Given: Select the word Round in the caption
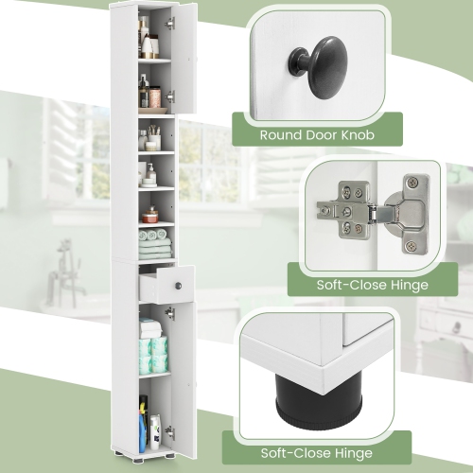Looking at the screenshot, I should pos(281,135).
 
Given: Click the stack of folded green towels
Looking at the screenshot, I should pos(154,245).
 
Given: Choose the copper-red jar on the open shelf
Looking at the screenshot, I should pos(149,216).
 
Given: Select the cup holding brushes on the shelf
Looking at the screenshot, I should pos(153,138).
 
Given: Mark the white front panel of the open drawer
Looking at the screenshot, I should pos(166,283).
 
